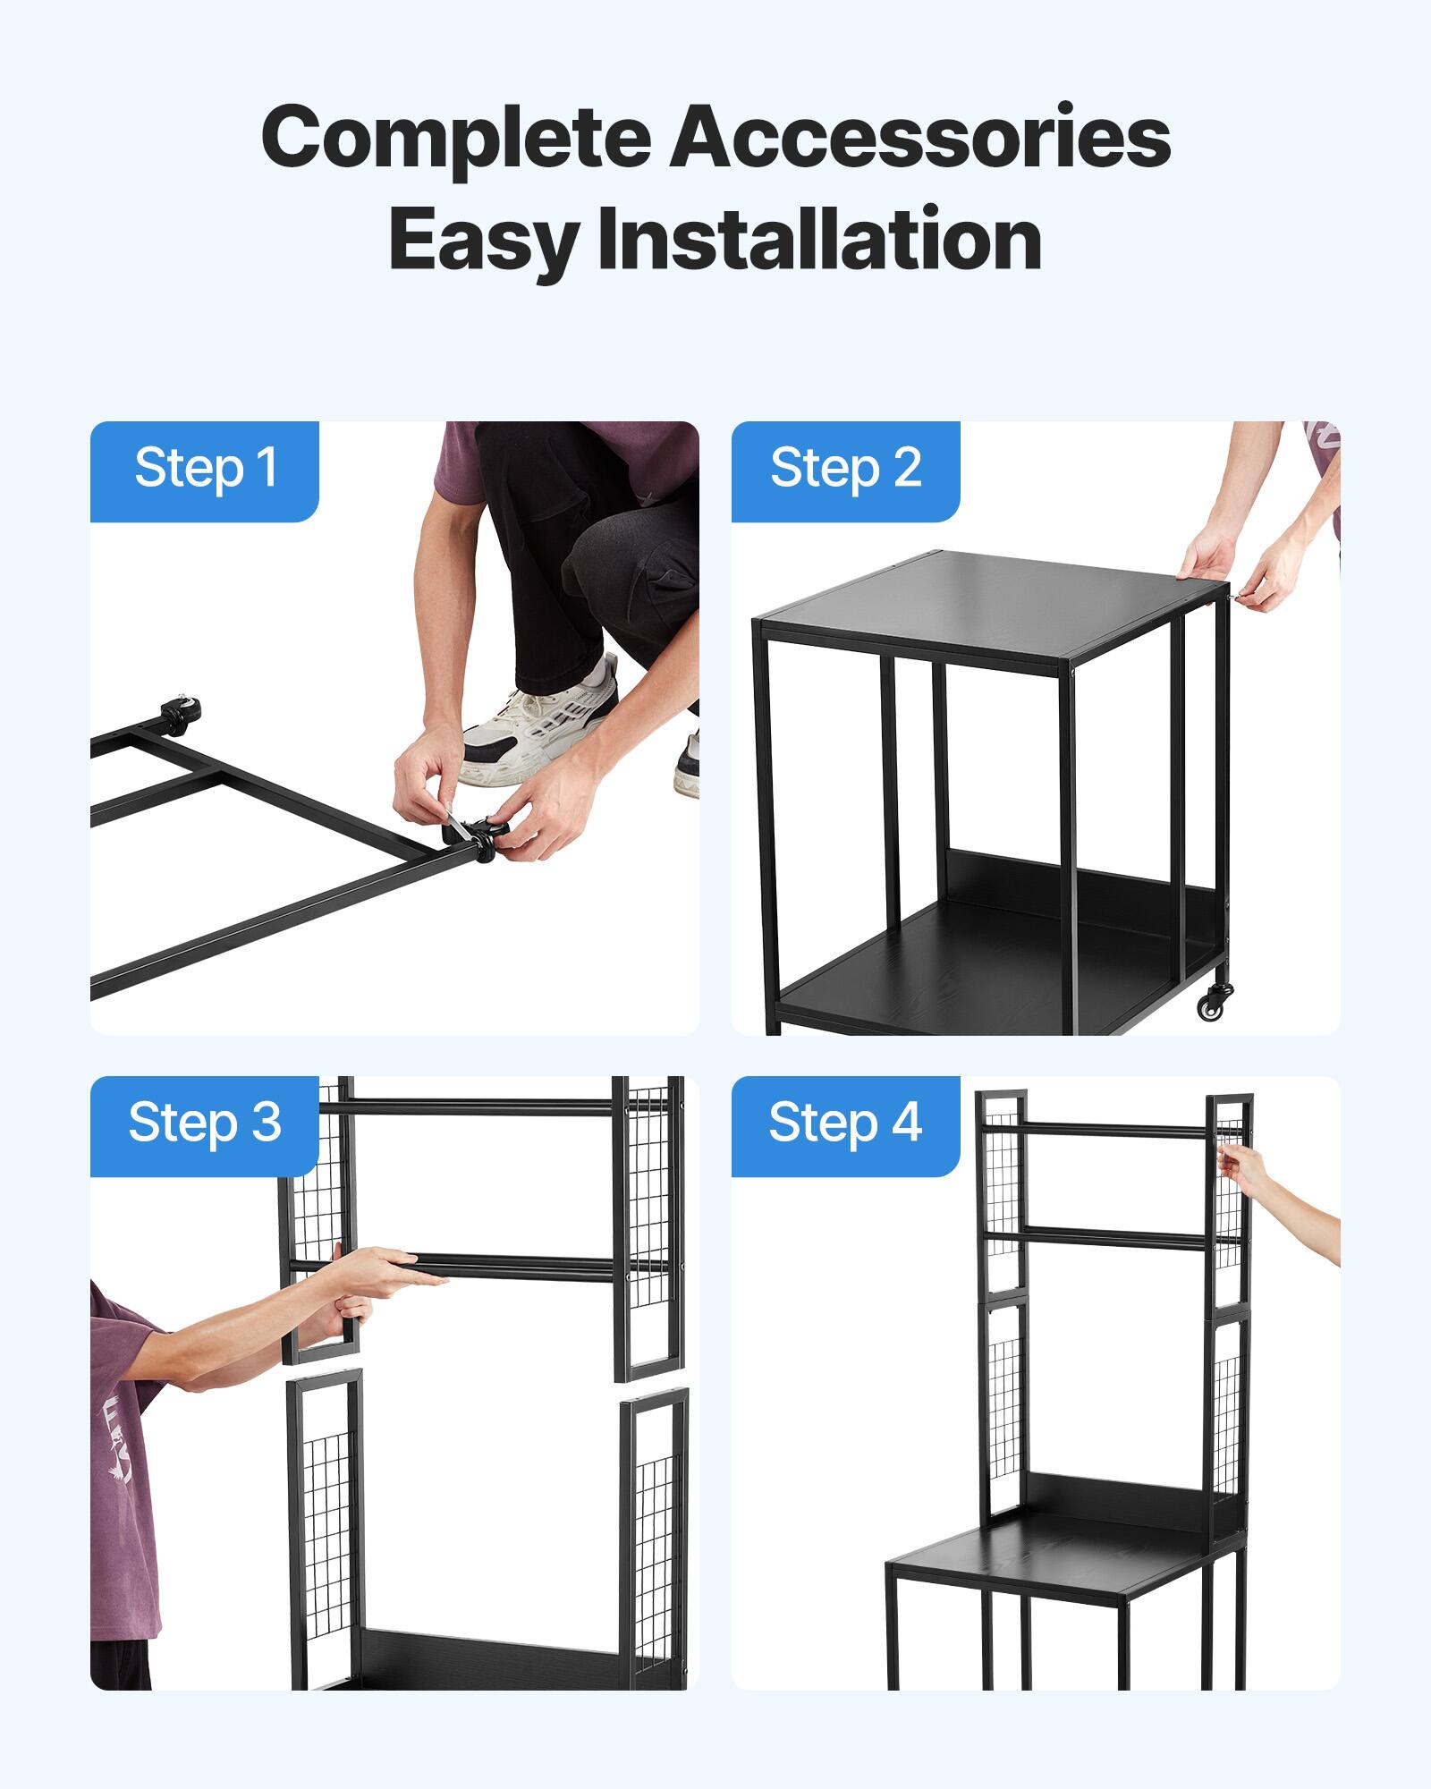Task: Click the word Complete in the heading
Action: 456,137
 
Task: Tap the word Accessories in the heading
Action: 920,137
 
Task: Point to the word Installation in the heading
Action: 819,239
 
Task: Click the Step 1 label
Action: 205,468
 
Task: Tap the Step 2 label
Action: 845,468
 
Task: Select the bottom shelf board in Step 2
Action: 966,975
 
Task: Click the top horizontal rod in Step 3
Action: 483,1106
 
